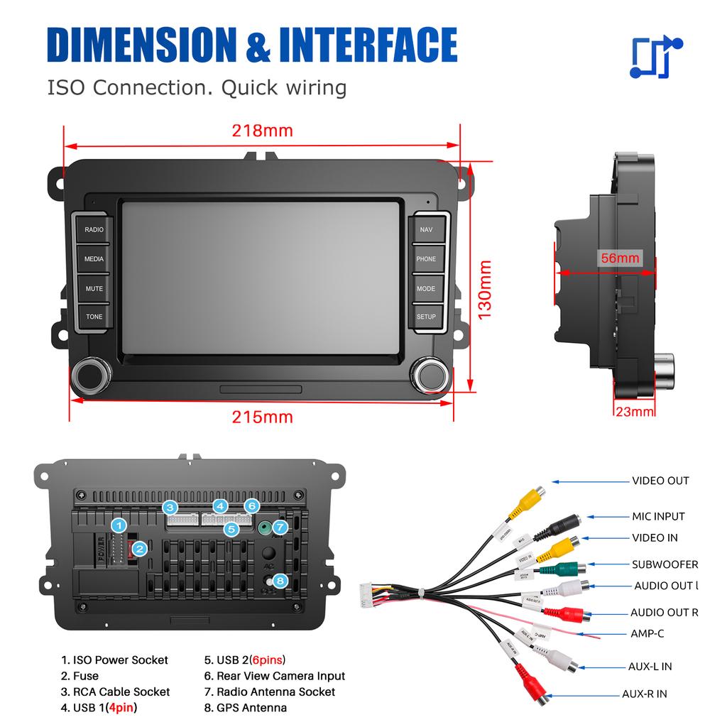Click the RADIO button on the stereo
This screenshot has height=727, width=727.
pos(94,230)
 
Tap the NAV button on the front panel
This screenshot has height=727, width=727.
pos(426,230)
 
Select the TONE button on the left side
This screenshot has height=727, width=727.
pos(94,317)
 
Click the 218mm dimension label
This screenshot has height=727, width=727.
pos(262,131)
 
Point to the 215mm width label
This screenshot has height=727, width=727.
pos(262,417)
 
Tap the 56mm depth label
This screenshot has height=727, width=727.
pos(620,258)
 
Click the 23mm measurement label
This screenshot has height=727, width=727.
pos(634,412)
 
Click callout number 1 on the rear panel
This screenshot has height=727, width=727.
pos(121,525)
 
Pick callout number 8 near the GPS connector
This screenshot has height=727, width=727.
pos(280,581)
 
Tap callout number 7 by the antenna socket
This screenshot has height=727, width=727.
pos(280,528)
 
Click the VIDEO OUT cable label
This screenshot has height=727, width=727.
pos(660,481)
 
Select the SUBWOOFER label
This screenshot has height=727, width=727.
pos(665,565)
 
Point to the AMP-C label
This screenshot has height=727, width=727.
pos(647,633)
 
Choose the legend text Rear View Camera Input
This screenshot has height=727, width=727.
pos(280,676)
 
